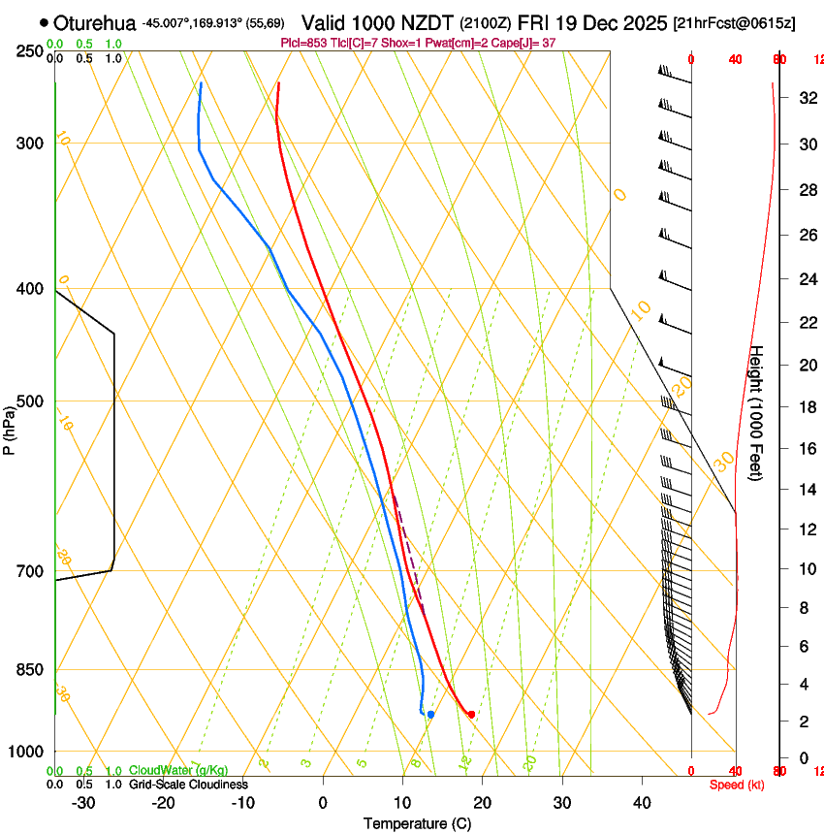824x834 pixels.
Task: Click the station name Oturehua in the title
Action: click(x=95, y=22)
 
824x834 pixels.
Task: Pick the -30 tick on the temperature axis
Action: click(x=84, y=802)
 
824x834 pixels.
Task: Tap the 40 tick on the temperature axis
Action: click(x=642, y=802)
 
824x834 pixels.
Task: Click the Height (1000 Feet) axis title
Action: click(x=757, y=412)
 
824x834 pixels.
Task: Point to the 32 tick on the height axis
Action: click(x=806, y=98)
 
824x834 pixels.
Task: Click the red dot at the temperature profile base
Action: click(x=471, y=715)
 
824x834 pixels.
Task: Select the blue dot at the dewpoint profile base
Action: click(x=430, y=715)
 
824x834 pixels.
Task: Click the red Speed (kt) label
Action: click(x=736, y=785)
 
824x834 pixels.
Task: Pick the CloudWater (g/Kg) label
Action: click(x=178, y=771)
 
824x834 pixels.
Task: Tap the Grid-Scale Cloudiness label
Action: click(x=188, y=785)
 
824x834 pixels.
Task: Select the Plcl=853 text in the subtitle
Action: click(x=301, y=44)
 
